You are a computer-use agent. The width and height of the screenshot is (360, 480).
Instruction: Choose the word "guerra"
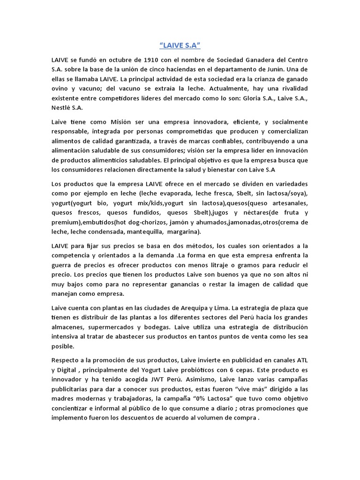coord(62,264)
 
